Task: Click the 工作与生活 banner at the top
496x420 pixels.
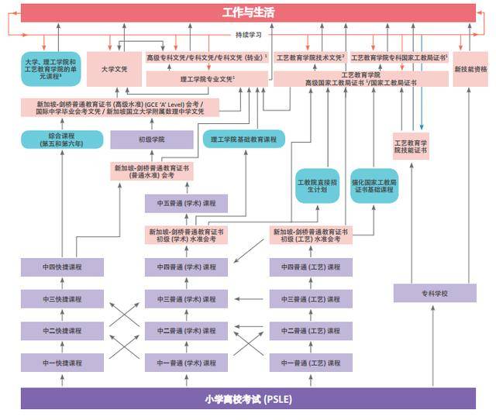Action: pos(248,12)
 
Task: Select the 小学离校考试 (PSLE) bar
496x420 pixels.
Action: pos(248,399)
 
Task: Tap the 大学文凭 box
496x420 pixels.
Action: pos(114,69)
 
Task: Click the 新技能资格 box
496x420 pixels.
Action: pos(470,69)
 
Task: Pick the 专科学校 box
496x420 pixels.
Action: pos(434,293)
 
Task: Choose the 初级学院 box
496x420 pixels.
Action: pos(151,139)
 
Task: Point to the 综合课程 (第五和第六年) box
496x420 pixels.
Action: pos(62,139)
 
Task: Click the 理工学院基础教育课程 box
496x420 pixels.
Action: pos(244,139)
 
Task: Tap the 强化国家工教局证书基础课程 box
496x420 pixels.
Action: pos(374,185)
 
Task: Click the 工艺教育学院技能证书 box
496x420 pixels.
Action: pos(411,146)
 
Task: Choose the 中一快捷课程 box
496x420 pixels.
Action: pos(62,363)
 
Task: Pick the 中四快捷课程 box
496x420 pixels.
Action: pos(62,267)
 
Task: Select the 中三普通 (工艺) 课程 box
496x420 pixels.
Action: pos(310,299)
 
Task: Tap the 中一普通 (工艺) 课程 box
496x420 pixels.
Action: pos(310,363)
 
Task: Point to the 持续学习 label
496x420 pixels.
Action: pos(249,35)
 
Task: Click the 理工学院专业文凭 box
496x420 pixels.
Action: pos(207,79)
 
